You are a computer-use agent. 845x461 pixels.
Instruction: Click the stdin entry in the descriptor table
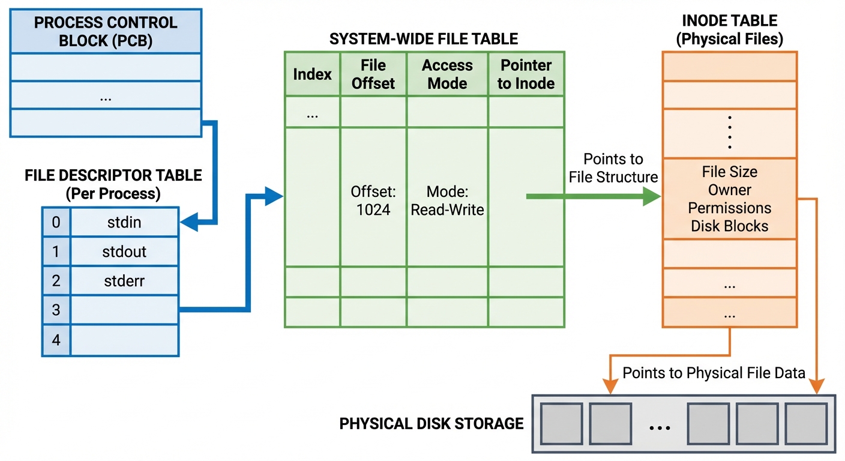click(124, 222)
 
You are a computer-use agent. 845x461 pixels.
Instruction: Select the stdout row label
click(124, 252)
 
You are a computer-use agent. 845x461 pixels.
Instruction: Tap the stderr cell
click(124, 280)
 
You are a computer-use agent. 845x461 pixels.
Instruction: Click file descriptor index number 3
click(56, 310)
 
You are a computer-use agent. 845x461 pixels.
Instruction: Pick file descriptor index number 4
click(56, 340)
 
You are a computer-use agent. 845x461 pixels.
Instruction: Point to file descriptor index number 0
click(56, 222)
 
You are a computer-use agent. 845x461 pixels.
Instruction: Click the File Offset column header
click(373, 74)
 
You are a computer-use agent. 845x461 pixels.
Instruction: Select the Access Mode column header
click(447, 74)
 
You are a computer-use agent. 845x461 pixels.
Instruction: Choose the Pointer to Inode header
click(526, 74)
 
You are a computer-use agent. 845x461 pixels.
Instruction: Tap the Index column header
click(312, 74)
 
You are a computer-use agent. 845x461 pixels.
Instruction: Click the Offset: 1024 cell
click(373, 201)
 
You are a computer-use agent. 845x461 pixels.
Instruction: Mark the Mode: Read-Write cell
click(447, 201)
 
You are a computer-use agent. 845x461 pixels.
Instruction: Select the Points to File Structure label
click(613, 168)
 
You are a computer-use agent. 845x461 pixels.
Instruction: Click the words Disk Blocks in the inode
click(729, 226)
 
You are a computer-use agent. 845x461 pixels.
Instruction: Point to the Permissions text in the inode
click(729, 208)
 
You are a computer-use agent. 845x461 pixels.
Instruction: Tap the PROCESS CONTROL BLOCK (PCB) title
click(106, 31)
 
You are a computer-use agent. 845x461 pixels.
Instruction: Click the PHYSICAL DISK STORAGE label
click(431, 424)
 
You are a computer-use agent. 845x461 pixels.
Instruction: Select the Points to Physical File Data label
click(714, 373)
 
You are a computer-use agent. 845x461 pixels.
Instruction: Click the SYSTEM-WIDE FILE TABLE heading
click(424, 40)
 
